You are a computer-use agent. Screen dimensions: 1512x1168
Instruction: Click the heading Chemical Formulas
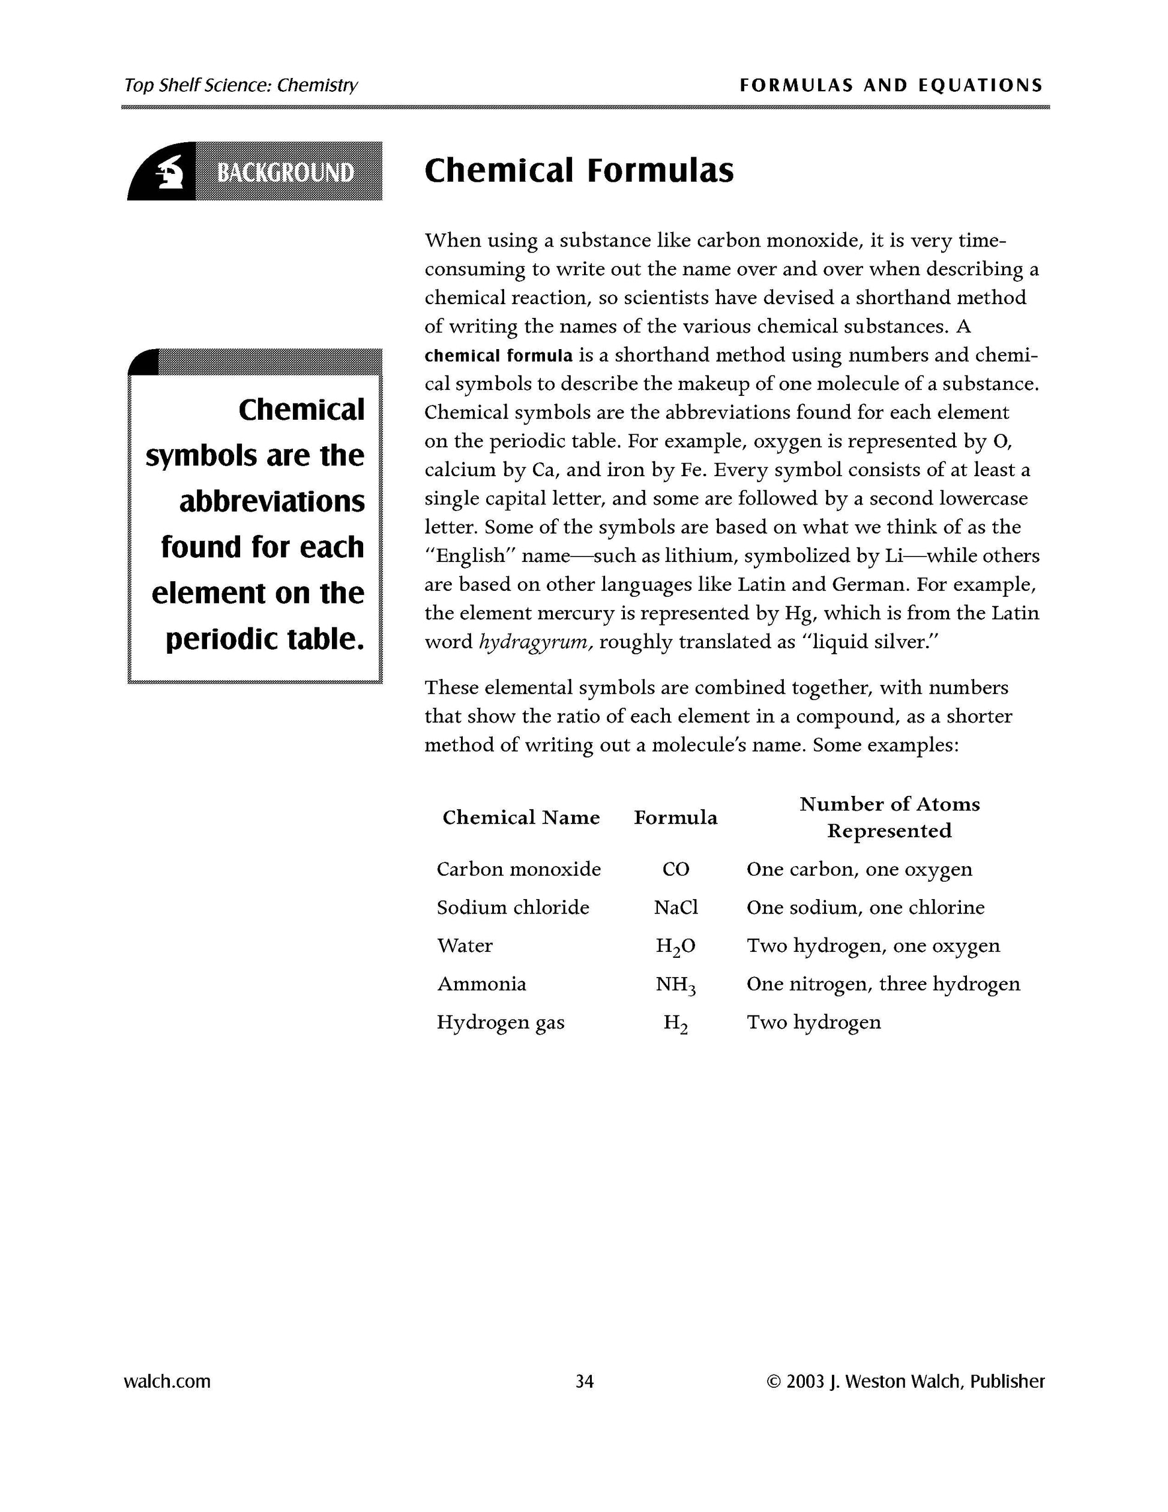point(579,170)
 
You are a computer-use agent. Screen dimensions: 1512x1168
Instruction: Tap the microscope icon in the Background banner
point(168,172)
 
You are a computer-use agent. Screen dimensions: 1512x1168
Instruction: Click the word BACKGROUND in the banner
point(286,172)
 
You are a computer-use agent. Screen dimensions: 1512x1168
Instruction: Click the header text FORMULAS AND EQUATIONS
point(891,85)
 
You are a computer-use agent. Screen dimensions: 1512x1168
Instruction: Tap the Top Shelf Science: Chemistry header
point(241,85)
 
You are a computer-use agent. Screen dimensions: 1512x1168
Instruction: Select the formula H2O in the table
point(675,946)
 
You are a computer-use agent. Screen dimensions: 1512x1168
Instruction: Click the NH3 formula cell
point(675,984)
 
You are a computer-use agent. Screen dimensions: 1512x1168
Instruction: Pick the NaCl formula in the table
point(675,907)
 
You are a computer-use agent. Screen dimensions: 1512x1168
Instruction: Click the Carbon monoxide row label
point(518,869)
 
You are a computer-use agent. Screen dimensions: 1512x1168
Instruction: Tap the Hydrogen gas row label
point(500,1023)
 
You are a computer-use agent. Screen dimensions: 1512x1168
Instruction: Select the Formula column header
point(675,817)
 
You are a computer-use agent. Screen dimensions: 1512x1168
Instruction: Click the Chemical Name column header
point(521,817)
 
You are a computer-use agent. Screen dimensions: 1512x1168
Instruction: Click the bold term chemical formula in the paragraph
point(498,356)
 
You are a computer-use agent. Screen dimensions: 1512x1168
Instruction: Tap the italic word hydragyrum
point(535,642)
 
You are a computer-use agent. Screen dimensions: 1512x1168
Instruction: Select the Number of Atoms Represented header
point(890,817)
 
